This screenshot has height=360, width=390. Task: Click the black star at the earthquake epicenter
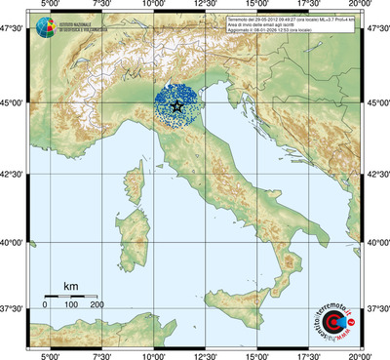176,106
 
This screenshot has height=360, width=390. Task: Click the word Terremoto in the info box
242,20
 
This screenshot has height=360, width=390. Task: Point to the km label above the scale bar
70,286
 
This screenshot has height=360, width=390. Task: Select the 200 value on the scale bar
97,304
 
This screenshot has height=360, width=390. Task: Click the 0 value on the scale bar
45,304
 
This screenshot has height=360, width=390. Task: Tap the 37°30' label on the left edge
13,308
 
